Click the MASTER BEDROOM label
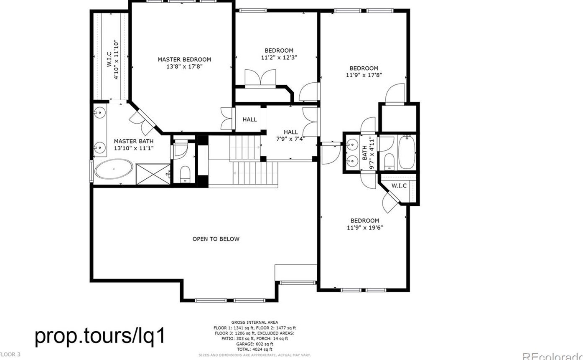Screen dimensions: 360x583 tap(184, 59)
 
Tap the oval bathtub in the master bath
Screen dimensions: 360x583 tap(114, 169)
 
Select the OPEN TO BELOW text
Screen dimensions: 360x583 tap(216, 239)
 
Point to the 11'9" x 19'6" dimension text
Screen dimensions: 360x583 tap(364, 228)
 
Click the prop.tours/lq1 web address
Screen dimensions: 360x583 tap(100, 336)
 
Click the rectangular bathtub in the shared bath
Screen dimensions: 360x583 tap(406, 152)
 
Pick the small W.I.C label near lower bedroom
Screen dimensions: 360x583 tap(399, 186)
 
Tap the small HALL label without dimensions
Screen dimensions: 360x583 tap(249, 119)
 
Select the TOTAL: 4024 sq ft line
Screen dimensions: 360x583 tap(255, 349)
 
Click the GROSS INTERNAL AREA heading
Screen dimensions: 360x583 tap(255, 322)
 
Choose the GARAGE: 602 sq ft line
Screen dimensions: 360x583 tap(255, 344)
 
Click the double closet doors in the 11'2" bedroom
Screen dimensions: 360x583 tap(260, 79)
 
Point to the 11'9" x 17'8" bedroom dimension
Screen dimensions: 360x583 tap(364, 75)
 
